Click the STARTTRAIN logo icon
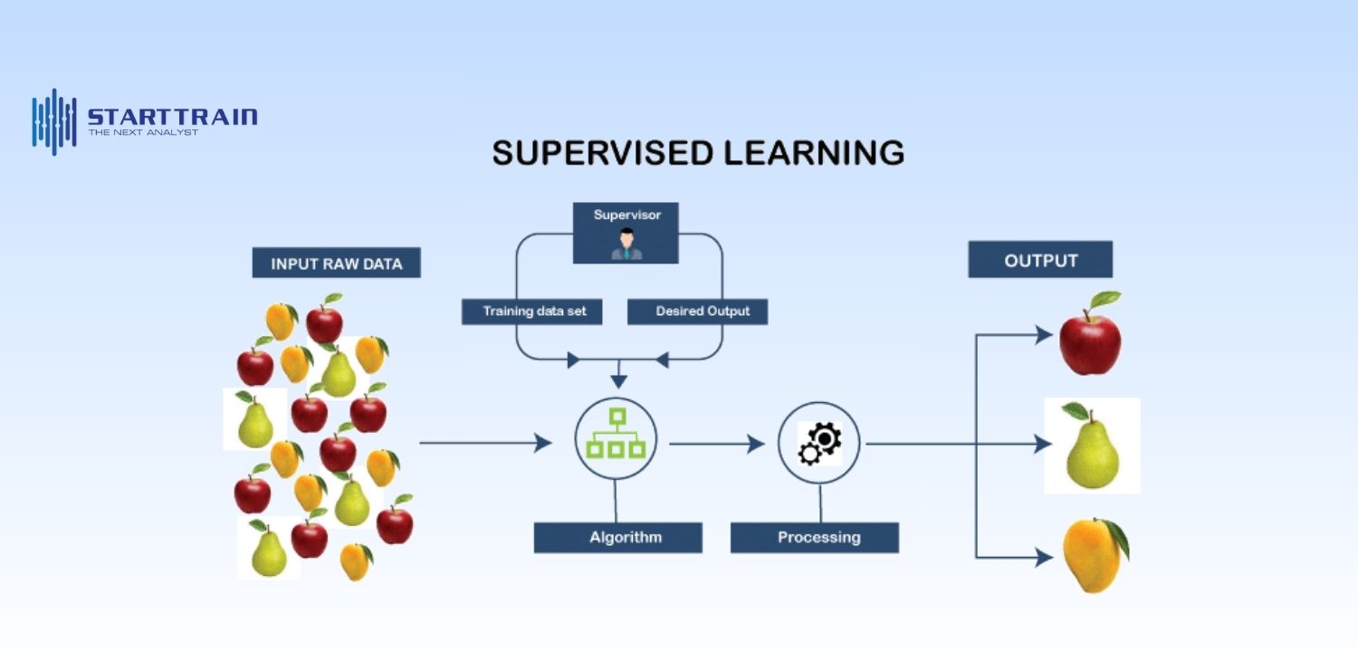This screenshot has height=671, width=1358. (x=54, y=121)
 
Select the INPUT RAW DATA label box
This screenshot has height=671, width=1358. (x=336, y=264)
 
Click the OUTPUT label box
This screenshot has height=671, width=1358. (x=1040, y=260)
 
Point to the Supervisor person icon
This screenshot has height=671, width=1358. (x=626, y=244)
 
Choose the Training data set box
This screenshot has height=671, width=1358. (x=534, y=312)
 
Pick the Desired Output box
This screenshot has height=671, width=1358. (x=697, y=312)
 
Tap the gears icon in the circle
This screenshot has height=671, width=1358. (x=819, y=443)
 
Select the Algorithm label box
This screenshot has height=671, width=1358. (x=617, y=537)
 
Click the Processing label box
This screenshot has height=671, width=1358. (x=814, y=537)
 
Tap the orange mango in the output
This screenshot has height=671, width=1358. (x=1094, y=555)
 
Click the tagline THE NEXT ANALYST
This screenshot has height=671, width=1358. (x=143, y=132)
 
